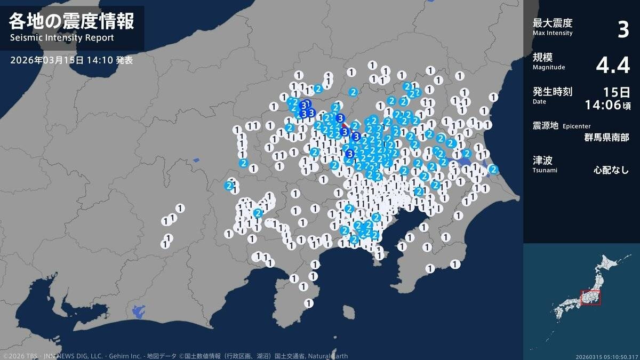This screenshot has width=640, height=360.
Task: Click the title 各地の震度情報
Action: (x=71, y=21)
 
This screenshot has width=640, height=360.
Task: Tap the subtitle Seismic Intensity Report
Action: (x=62, y=38)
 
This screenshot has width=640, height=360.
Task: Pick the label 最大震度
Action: (x=553, y=23)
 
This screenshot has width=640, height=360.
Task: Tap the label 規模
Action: (x=542, y=58)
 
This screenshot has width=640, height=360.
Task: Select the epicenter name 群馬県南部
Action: (x=606, y=137)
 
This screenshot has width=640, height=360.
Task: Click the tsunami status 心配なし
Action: (x=611, y=171)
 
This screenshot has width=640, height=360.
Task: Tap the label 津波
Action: (x=542, y=160)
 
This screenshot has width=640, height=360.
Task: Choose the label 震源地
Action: (x=546, y=125)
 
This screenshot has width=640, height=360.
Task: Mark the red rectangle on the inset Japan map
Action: (x=590, y=298)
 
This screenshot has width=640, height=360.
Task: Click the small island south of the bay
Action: (x=349, y=311)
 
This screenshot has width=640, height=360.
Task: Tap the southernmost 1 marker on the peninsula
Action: (x=308, y=303)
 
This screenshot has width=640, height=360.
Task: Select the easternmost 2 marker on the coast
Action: (x=493, y=170)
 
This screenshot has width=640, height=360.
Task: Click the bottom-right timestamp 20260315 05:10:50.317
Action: (x=606, y=356)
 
